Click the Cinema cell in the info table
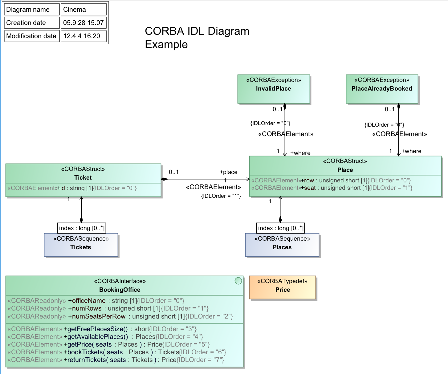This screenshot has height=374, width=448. [83, 10]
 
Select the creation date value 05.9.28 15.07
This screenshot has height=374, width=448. [83, 23]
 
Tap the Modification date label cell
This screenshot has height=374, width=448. [31, 36]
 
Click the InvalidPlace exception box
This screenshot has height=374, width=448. [274, 89]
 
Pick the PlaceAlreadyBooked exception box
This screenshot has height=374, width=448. [382, 89]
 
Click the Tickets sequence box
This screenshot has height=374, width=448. [81, 245]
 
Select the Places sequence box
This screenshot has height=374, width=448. [282, 245]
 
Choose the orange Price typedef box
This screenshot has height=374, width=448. [283, 287]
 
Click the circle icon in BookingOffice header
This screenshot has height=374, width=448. [238, 281]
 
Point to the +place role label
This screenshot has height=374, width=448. [228, 172]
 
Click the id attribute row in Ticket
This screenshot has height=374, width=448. [72, 188]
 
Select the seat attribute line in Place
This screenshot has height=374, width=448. [332, 188]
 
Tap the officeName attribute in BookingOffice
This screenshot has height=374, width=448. [96, 300]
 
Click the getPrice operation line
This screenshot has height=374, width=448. [108, 344]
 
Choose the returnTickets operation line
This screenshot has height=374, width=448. [116, 360]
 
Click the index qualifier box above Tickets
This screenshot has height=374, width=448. [82, 228]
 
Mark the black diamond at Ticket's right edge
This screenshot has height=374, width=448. [164, 179]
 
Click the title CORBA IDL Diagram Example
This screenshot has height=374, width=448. [197, 38]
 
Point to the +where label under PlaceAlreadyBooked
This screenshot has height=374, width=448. [411, 151]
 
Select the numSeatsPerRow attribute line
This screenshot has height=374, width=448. [120, 316]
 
